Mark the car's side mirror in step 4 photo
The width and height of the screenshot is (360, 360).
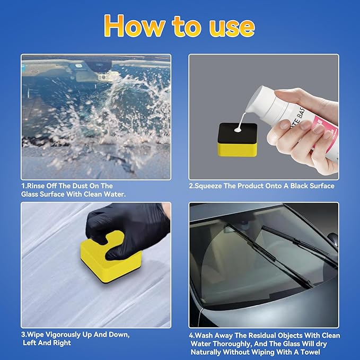(332, 241)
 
